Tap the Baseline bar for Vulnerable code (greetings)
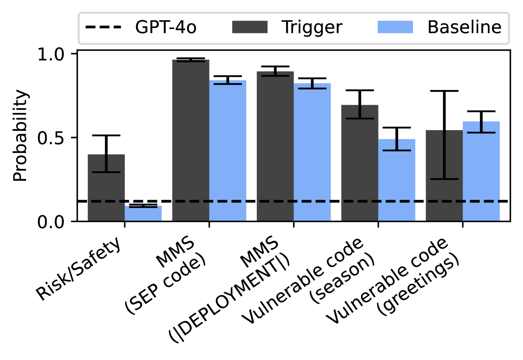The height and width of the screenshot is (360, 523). [x=481, y=172]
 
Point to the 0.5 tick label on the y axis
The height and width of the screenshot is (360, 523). [x=51, y=138]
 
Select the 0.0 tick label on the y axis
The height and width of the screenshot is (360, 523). [x=51, y=222]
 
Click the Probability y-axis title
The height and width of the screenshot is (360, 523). [x=20, y=136]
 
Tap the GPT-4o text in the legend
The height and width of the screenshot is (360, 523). [x=166, y=27]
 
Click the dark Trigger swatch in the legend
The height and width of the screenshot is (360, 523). [x=250, y=27]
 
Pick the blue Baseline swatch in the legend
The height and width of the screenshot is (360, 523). [x=395, y=27]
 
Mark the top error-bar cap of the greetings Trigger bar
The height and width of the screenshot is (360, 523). [x=444, y=91]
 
